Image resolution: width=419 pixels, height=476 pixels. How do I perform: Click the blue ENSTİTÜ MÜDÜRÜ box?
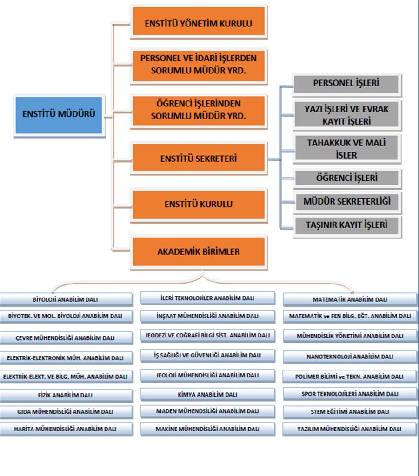tap(59, 115)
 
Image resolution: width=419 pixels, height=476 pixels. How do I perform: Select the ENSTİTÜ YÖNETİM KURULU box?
tap(199, 21)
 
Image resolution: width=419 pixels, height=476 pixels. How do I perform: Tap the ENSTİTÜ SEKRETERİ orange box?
tap(199, 158)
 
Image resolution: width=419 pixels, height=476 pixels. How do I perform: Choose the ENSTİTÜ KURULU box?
tap(199, 205)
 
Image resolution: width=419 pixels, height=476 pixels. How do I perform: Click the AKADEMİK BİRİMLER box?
tap(199, 252)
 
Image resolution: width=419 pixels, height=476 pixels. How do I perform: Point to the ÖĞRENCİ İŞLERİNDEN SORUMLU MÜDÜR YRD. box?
tap(199, 111)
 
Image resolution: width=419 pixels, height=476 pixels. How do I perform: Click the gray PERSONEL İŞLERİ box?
tap(346, 84)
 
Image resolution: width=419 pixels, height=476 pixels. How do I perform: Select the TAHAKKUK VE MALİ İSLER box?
tap(346, 148)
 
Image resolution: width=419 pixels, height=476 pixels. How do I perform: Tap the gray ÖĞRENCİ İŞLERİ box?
tap(347, 178)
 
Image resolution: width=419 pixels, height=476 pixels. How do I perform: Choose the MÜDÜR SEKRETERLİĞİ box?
tap(347, 202)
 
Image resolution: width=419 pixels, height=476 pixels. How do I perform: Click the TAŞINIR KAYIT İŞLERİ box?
tap(347, 225)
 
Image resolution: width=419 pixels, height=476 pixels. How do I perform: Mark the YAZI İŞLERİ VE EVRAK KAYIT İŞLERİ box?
tap(346, 115)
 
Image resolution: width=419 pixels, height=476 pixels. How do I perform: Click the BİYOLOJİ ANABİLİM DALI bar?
tap(66, 300)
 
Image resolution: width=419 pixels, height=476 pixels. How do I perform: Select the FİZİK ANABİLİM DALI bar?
tap(66, 396)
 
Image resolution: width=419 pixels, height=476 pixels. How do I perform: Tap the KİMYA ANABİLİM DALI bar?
tap(208, 395)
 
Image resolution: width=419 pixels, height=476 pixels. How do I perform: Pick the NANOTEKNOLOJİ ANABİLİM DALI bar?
tap(350, 357)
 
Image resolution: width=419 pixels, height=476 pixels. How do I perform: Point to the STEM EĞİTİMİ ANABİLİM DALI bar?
tap(350, 412)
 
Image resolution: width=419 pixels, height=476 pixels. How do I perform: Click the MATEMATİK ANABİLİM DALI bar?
tap(350, 300)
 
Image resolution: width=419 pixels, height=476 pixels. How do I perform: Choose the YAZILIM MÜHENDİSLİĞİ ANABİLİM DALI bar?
tap(349, 429)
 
